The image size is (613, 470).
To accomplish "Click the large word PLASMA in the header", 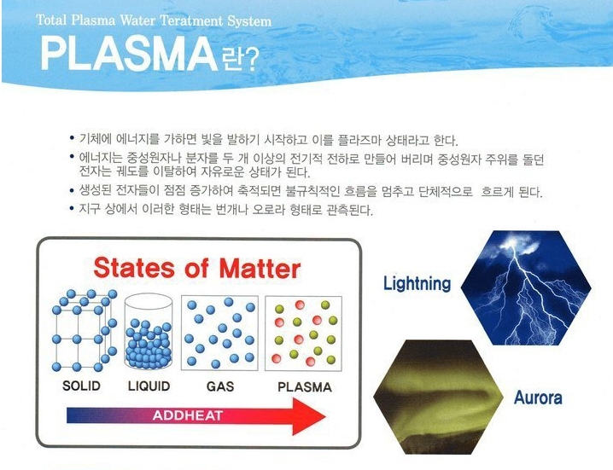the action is (129, 54).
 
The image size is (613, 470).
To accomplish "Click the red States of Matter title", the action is (197, 269).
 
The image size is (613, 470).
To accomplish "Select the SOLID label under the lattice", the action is (81, 386).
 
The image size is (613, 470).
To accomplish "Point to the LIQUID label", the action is (149, 386).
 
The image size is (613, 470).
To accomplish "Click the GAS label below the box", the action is (220, 386).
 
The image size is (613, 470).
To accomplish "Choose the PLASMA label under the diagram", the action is (305, 387).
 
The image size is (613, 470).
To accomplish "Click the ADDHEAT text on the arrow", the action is (188, 415).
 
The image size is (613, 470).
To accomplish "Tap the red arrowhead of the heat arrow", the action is (309, 416).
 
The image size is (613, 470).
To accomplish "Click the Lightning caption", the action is (417, 284).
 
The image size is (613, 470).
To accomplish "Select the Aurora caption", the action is (538, 397).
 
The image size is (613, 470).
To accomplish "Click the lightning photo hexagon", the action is (526, 288).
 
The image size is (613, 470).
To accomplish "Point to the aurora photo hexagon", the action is (438, 397).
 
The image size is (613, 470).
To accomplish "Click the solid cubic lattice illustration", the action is (85, 330).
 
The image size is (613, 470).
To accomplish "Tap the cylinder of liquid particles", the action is (149, 331).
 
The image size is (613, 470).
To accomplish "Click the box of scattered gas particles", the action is (219, 334).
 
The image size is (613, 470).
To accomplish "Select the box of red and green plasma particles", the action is (304, 334).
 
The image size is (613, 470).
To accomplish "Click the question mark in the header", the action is (252, 60).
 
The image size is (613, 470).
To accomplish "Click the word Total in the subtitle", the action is (52, 20).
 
